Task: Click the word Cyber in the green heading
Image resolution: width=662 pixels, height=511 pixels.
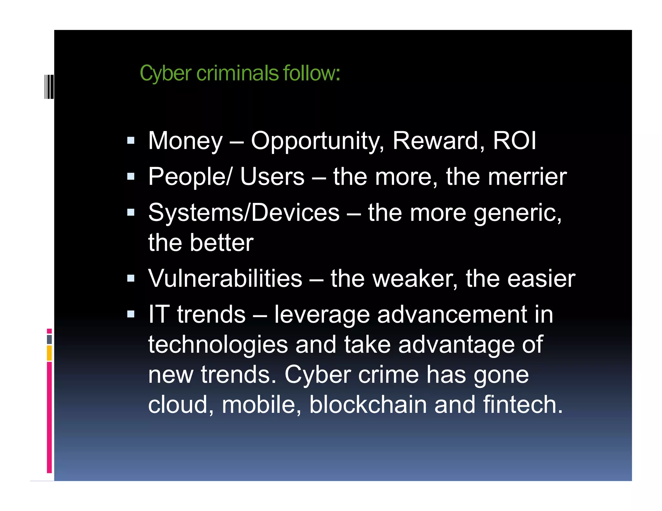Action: point(165,74)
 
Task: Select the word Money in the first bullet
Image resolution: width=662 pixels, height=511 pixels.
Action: point(185,141)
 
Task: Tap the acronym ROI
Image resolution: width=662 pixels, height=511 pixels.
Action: point(515,141)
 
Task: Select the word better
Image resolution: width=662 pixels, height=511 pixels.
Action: point(221,243)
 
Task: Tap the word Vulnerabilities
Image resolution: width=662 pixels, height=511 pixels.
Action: point(225,278)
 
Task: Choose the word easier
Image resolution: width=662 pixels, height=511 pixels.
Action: point(541,278)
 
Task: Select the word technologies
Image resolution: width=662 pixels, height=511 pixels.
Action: point(218,345)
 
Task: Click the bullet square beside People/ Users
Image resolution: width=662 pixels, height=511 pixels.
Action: point(131,176)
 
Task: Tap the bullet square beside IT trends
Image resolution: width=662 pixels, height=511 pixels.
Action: point(131,314)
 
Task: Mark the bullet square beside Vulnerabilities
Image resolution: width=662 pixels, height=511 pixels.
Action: point(131,278)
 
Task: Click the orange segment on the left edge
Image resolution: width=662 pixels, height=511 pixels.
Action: point(49,353)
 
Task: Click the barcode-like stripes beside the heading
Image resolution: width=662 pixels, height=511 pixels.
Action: point(49,87)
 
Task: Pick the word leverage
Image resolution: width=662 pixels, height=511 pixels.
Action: point(322,315)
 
